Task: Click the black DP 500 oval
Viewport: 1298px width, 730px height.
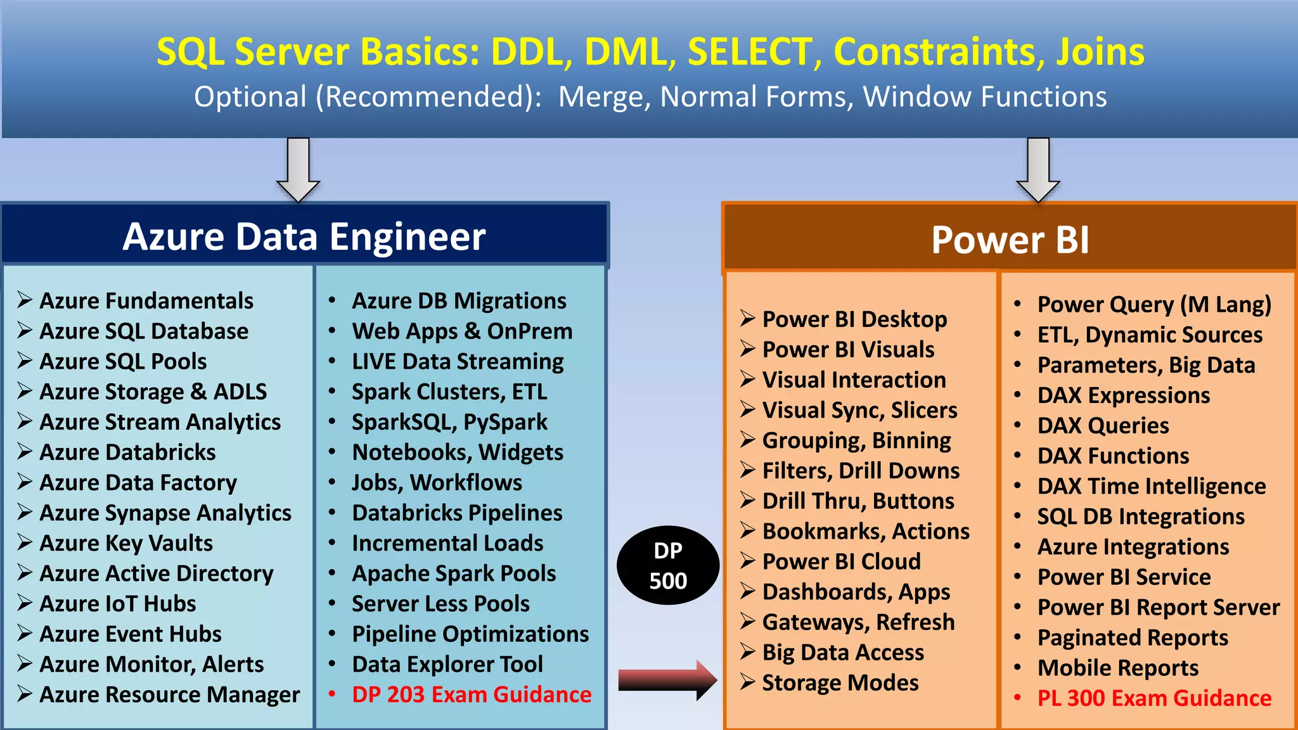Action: pos(668,565)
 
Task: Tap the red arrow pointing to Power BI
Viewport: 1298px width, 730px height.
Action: pos(667,680)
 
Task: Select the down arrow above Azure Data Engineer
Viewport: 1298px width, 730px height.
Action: pos(298,170)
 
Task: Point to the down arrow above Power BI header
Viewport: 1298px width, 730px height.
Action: pos(1038,170)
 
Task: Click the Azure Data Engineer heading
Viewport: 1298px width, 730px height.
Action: pos(304,236)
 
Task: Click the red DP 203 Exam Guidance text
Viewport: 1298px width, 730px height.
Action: pos(472,695)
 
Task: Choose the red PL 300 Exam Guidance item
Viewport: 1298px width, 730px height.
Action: pos(1153,698)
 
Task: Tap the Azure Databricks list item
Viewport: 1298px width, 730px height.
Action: pos(127,452)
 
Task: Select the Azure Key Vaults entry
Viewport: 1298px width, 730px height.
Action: pos(125,544)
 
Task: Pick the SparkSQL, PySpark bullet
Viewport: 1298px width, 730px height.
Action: pos(449,422)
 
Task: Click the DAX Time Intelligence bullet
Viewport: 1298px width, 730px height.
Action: pos(1151,487)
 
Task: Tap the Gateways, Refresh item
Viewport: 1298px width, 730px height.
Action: pos(858,622)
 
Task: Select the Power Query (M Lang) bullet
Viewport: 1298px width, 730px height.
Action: pos(1153,305)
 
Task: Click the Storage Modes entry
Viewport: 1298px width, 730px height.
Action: pos(840,683)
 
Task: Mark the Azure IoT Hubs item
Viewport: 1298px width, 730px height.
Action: pos(117,604)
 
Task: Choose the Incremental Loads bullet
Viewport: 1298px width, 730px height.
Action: pos(447,544)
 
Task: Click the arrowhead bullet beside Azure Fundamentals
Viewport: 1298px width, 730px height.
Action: pos(25,300)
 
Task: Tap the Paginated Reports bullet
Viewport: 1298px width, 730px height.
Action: pos(1132,638)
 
